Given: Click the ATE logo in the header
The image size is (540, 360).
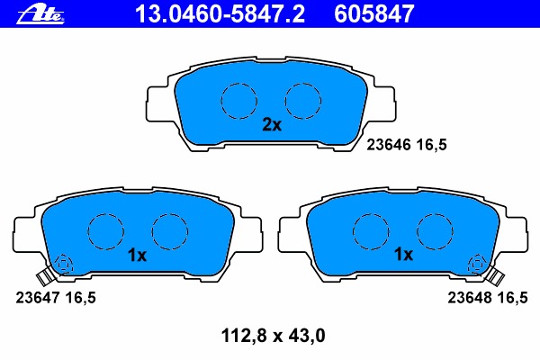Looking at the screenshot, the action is [x=40, y=14].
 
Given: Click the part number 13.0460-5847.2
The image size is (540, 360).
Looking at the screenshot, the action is [x=220, y=14].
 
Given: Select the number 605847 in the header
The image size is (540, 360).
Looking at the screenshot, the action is [x=374, y=14].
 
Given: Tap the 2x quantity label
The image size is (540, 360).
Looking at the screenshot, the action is [x=272, y=125].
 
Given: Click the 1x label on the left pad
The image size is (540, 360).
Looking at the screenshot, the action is [x=137, y=256].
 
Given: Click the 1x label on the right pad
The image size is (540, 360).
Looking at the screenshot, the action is [x=403, y=254].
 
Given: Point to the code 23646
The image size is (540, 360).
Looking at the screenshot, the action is [x=389, y=145].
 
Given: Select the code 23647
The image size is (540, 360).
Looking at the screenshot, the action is [x=38, y=298].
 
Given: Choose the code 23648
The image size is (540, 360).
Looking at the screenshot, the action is [x=470, y=298].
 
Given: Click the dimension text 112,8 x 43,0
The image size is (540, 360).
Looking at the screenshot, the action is [x=273, y=336].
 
